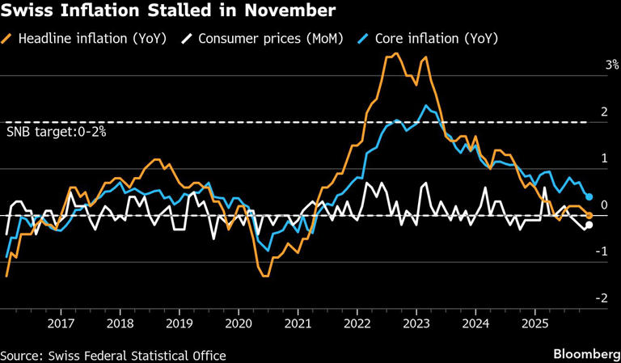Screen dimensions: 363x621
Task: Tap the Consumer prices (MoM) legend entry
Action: pyautogui.click(x=260, y=38)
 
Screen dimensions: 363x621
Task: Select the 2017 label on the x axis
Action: pyautogui.click(x=61, y=323)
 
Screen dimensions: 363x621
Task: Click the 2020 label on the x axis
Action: pyautogui.click(x=239, y=323)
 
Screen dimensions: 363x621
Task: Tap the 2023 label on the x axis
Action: pyautogui.click(x=416, y=323)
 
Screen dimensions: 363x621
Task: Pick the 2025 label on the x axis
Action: pyautogui.click(x=534, y=323)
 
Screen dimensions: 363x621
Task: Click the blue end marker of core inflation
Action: pyautogui.click(x=589, y=197)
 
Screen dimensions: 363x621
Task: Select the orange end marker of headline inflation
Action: pyautogui.click(x=589, y=215)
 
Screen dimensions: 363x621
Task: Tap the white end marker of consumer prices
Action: pyautogui.click(x=589, y=225)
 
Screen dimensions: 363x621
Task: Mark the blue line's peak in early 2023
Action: pyautogui.click(x=424, y=106)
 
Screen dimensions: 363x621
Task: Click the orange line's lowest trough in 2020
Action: pyautogui.click(x=265, y=276)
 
